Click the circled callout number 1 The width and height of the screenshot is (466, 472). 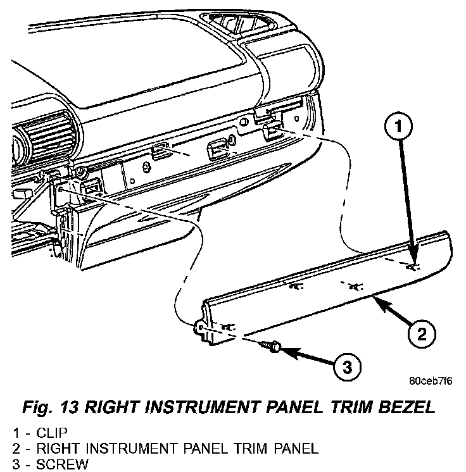pyautogui.click(x=398, y=128)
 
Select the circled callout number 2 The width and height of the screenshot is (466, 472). pyautogui.click(x=422, y=332)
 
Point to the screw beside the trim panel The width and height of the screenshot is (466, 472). pyautogui.click(x=272, y=346)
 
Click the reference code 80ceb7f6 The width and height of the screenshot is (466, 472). pyautogui.click(x=431, y=382)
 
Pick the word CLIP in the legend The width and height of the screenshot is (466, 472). pyautogui.click(x=51, y=435)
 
